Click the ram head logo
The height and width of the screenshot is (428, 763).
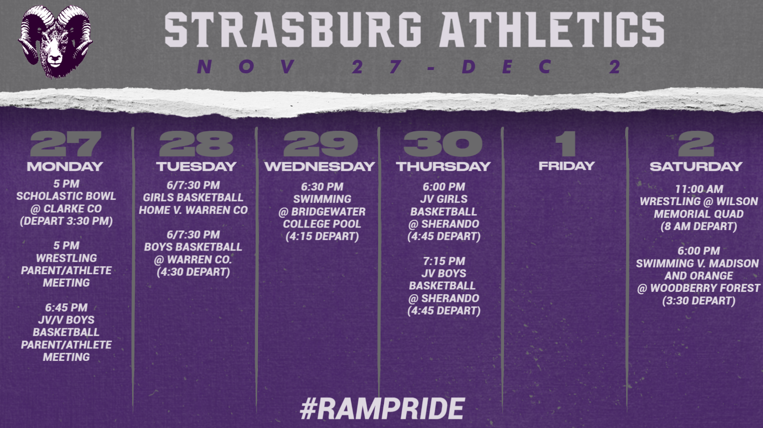pyautogui.click(x=55, y=41)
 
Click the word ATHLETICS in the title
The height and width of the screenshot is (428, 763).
pyautogui.click(x=551, y=30)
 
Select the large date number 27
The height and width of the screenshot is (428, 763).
pyautogui.click(x=65, y=144)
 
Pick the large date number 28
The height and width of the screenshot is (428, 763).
pyautogui.click(x=196, y=144)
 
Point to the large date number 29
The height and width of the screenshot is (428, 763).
pyautogui.click(x=320, y=144)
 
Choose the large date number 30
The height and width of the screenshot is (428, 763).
pyautogui.click(x=443, y=144)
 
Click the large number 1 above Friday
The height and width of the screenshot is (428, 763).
pyautogui.click(x=566, y=144)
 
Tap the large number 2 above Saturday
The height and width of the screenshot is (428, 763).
pyautogui.click(x=696, y=144)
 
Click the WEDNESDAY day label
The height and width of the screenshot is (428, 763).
pyautogui.click(x=320, y=166)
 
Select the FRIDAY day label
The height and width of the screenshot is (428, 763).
pyautogui.click(x=567, y=166)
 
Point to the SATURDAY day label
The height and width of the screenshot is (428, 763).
pyautogui.click(x=696, y=166)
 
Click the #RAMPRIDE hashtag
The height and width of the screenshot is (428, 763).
pyautogui.click(x=382, y=408)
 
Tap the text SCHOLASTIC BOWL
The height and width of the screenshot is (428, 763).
pyautogui.click(x=66, y=196)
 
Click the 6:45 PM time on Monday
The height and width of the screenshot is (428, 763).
pyautogui.click(x=66, y=308)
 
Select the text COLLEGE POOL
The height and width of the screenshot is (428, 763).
pyautogui.click(x=322, y=224)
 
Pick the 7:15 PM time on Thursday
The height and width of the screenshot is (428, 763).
pyautogui.click(x=444, y=261)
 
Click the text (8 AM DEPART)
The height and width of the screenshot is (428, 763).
pyautogui.click(x=699, y=226)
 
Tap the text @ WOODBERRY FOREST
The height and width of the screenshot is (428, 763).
pyautogui.click(x=699, y=288)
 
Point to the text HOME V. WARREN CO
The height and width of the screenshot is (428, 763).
pyautogui.click(x=193, y=210)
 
